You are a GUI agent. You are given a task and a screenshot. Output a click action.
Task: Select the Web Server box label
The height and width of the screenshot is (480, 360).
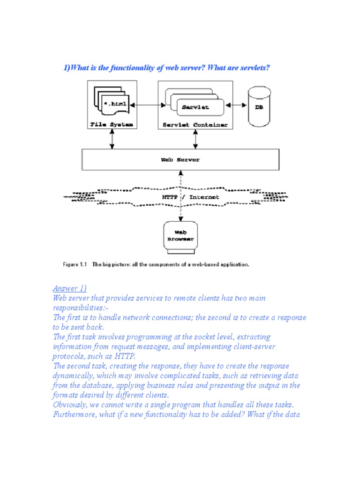pyautogui.click(x=180, y=159)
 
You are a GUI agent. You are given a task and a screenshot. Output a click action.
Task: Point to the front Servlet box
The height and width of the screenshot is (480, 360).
pyautogui.click(x=195, y=107)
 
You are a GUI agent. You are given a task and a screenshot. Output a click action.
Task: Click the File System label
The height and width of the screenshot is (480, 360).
pyautogui.click(x=112, y=125)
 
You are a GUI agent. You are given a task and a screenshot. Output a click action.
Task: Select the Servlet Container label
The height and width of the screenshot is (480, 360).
pyautogui.click(x=195, y=125)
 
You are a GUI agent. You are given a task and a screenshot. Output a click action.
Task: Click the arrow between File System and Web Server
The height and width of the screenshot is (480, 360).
pyautogui.click(x=112, y=140)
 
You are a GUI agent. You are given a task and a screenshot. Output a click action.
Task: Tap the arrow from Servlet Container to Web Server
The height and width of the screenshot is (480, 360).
pyautogui.click(x=195, y=140)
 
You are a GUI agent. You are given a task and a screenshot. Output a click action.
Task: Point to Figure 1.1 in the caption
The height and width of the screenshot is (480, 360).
pyautogui.click(x=75, y=264)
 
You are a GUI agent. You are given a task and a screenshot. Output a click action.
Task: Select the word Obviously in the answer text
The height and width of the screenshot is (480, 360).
pyautogui.click(x=70, y=405)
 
